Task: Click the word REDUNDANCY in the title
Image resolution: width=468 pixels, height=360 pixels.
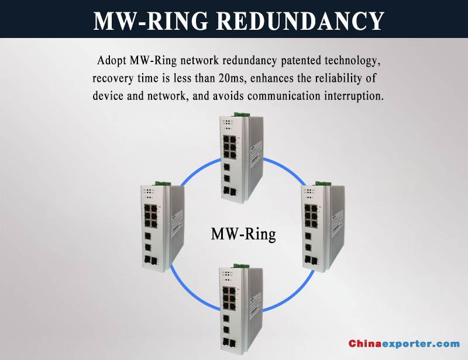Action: (300, 21)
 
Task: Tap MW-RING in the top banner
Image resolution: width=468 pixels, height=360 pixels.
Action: (151, 21)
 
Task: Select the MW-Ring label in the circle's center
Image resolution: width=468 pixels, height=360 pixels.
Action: (243, 234)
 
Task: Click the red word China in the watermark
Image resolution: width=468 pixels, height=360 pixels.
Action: (364, 344)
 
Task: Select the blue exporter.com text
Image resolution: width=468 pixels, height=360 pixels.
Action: (421, 344)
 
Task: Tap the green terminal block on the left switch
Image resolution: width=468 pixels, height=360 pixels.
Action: (163, 183)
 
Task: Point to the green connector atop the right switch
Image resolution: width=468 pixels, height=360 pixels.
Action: (324, 183)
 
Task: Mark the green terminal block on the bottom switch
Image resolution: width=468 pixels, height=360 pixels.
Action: (242, 266)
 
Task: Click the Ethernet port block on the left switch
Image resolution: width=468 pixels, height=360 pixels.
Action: (151, 216)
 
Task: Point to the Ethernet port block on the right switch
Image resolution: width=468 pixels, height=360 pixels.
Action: (311, 216)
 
